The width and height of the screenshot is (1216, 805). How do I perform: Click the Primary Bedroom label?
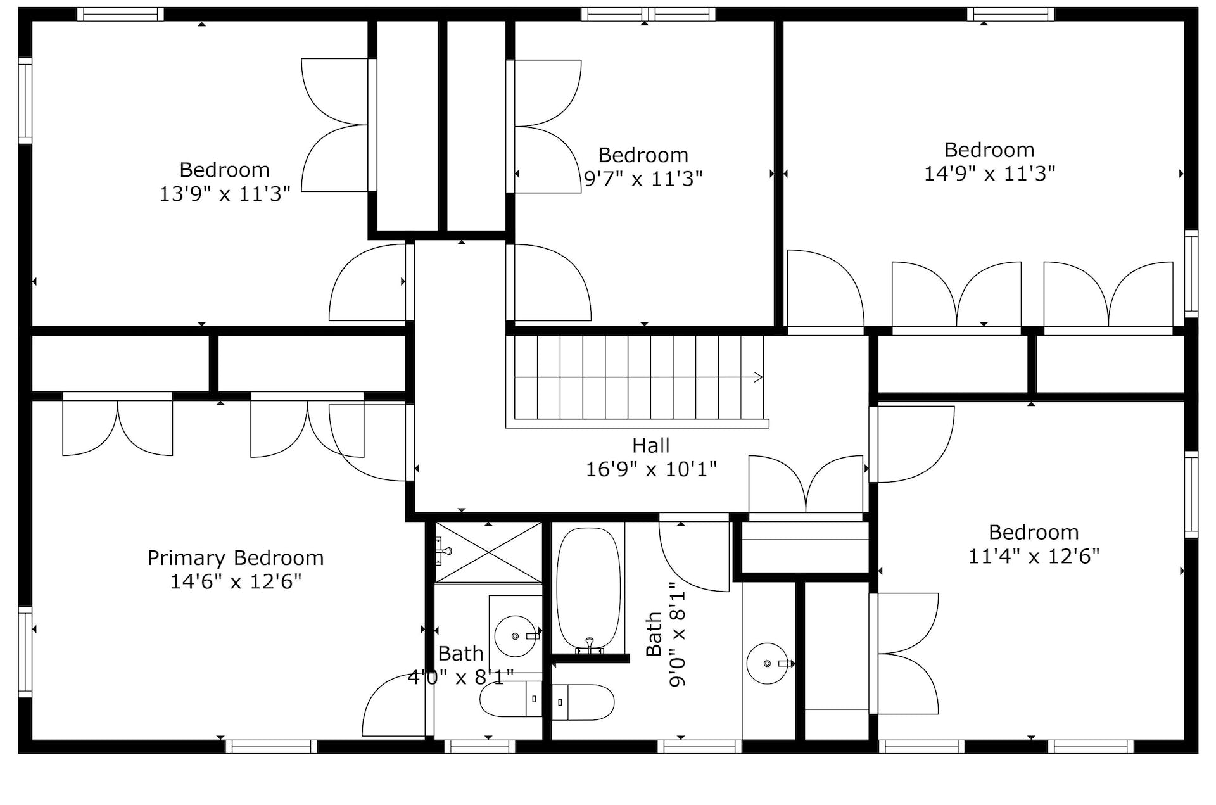pyautogui.click(x=236, y=558)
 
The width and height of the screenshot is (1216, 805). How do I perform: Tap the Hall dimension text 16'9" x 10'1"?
pyautogui.click(x=651, y=469)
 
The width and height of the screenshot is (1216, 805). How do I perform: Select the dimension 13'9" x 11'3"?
pyautogui.click(x=225, y=194)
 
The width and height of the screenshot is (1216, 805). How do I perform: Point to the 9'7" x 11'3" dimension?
pyautogui.click(x=643, y=179)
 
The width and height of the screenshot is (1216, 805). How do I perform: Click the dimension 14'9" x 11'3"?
pyautogui.click(x=989, y=174)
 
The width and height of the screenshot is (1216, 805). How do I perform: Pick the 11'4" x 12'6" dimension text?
pyautogui.click(x=1034, y=556)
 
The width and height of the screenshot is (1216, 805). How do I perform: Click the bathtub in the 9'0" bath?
pyautogui.click(x=588, y=589)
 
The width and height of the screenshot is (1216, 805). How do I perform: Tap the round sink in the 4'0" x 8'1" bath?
pyautogui.click(x=515, y=636)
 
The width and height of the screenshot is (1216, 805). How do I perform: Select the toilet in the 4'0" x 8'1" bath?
pyautogui.click(x=511, y=699)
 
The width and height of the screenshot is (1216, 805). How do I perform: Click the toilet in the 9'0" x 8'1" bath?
pyautogui.click(x=583, y=702)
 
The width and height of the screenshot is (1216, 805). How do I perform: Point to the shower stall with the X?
pyautogui.click(x=488, y=552)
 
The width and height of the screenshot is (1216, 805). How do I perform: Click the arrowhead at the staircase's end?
pyautogui.click(x=759, y=377)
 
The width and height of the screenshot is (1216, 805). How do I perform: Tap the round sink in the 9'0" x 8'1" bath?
pyautogui.click(x=768, y=664)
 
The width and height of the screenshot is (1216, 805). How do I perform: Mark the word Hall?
pyautogui.click(x=650, y=445)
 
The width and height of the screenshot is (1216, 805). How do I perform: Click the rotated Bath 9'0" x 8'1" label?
pyautogui.click(x=666, y=635)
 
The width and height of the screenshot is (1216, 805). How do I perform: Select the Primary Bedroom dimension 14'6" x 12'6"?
pyautogui.click(x=236, y=581)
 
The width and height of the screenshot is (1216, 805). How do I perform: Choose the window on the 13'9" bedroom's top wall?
pyautogui.click(x=120, y=14)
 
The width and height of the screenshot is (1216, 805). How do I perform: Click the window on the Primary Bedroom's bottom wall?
pyautogui.click(x=271, y=747)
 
